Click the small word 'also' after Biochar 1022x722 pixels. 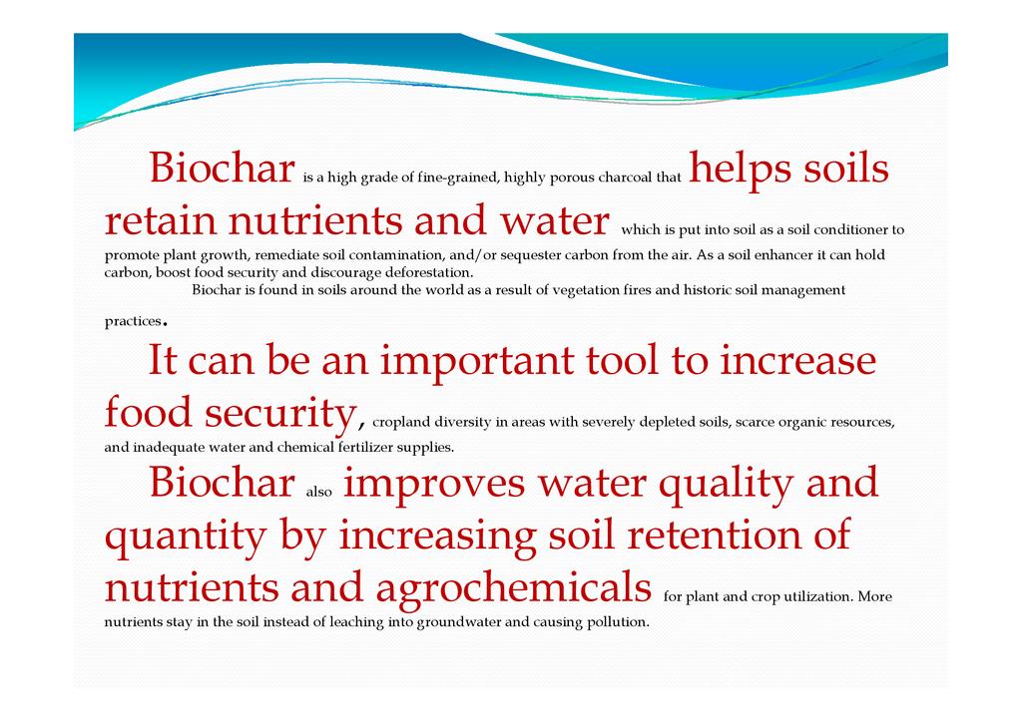pyautogui.click(x=318, y=493)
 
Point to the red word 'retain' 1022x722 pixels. pyautogui.click(x=161, y=220)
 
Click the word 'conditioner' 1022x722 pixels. pyautogui.click(x=850, y=229)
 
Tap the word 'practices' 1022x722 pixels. pyautogui.click(x=133, y=322)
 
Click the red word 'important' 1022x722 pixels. pyautogui.click(x=476, y=362)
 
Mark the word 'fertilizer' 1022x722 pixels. pyautogui.click(x=365, y=448)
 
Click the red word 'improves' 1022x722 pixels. pyautogui.click(x=434, y=485)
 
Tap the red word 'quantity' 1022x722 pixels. pyautogui.click(x=186, y=537)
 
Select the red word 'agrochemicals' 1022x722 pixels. pyautogui.click(x=514, y=588)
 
